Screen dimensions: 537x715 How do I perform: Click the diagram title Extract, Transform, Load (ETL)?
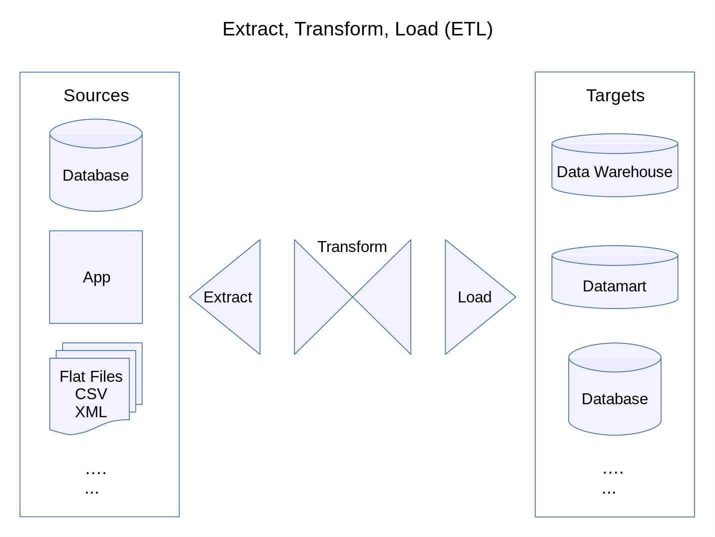point(357,29)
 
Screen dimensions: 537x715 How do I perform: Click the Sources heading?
point(96,95)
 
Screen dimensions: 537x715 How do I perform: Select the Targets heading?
point(615,95)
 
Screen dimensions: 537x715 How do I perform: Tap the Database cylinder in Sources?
point(96,175)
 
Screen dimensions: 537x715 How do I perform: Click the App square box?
point(96,277)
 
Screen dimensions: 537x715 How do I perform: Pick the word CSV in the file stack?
point(91,394)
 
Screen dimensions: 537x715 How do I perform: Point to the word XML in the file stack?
point(91,412)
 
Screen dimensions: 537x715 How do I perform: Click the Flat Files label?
point(91,376)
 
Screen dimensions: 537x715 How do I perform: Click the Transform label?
point(352,247)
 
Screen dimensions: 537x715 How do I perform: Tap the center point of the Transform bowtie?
point(353,297)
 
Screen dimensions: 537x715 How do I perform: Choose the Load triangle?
point(472,297)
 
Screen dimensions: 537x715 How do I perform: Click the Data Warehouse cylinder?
point(615,172)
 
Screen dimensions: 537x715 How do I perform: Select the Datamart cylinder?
point(615,286)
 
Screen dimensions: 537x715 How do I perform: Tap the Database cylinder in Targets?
point(615,399)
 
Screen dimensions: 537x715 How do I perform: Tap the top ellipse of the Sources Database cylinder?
point(96,133)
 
